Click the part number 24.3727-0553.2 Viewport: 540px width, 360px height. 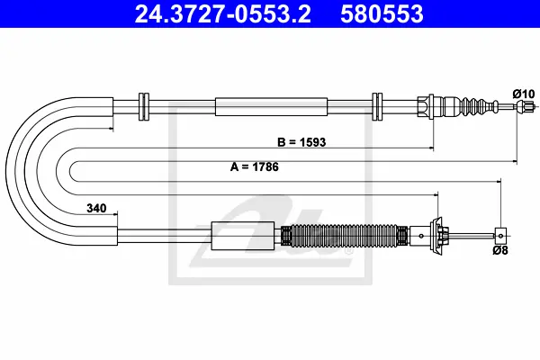pos(223,14)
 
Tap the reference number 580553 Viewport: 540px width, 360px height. pos(382,14)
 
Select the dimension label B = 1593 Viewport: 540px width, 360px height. pos(301,142)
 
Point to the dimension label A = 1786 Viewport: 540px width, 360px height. pos(254,167)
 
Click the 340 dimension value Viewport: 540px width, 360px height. pos(96,208)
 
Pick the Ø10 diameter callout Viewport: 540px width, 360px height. pos(524,94)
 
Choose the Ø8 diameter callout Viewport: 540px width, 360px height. pos(500,250)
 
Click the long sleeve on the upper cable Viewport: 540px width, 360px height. pos(271,107)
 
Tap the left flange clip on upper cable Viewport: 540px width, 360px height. pos(144,107)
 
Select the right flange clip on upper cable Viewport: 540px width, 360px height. pos(377,107)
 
